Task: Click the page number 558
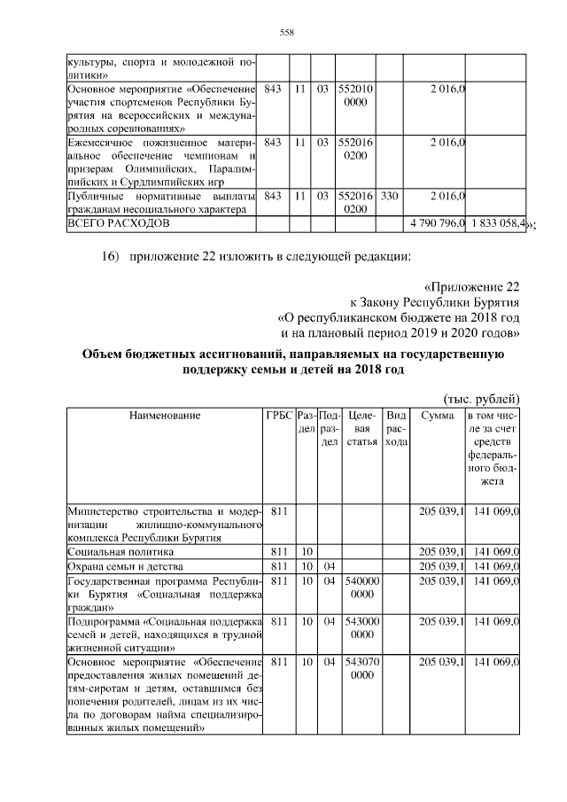(x=286, y=33)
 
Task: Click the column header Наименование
(x=164, y=415)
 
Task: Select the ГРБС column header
(x=277, y=415)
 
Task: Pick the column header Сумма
(x=438, y=415)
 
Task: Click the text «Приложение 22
(x=471, y=286)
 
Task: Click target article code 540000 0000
(x=360, y=588)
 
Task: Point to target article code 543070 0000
(x=360, y=669)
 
